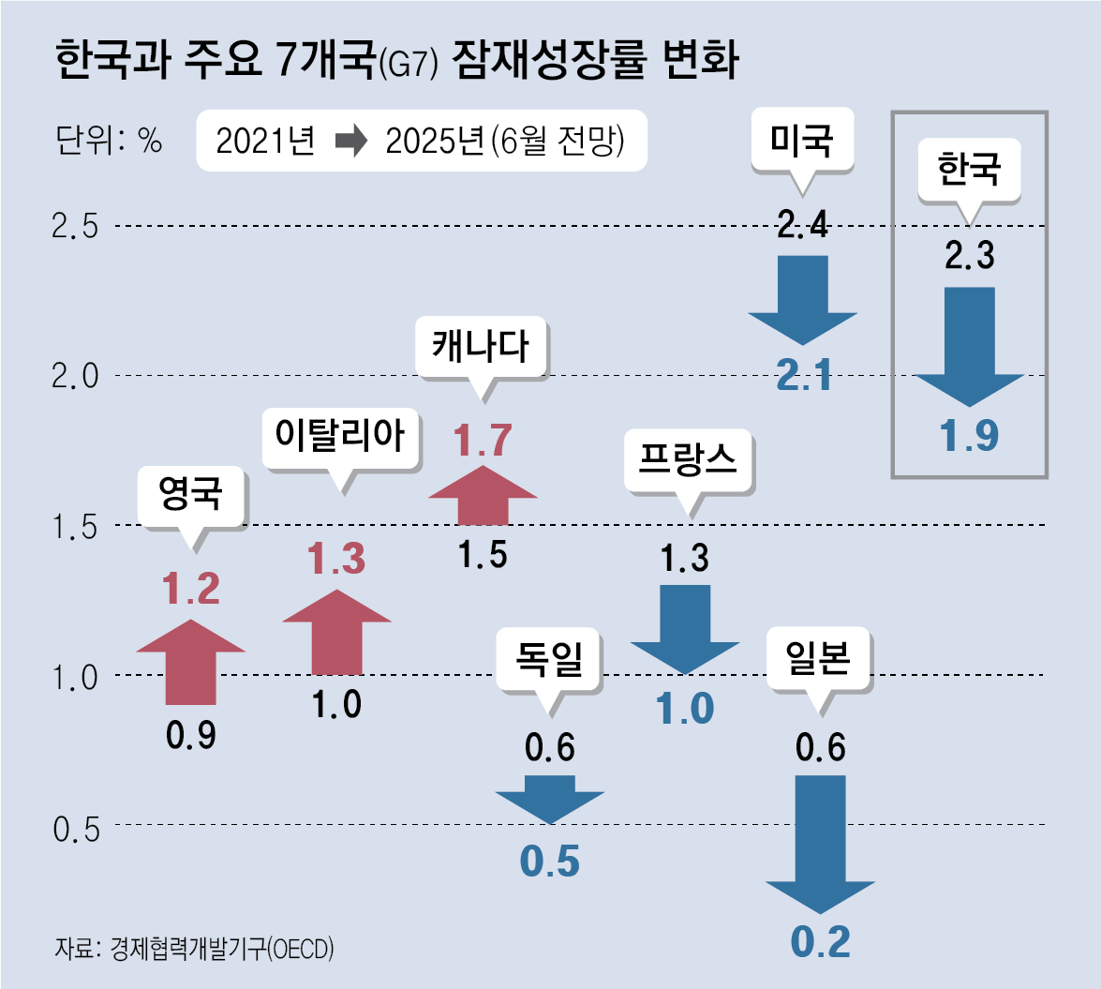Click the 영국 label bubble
tap(192, 495)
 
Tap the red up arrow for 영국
tap(191, 661)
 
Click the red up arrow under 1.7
tap(483, 494)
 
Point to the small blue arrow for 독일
tap(550, 797)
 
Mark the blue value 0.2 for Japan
tap(820, 942)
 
